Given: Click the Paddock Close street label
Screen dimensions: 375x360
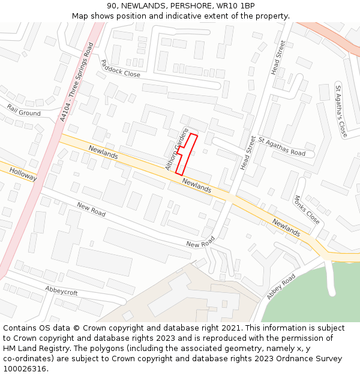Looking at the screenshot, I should coord(120,68).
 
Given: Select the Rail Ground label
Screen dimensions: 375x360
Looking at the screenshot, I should coord(24,110).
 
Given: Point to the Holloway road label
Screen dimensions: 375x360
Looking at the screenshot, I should coord(23,175).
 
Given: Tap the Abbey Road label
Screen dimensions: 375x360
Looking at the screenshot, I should coord(281,287).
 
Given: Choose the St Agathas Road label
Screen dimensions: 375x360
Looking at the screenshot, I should coord(282,146).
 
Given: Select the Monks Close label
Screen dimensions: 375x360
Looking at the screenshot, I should coord(307,209).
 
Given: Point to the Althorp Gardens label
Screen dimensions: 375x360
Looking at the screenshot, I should coord(176,148).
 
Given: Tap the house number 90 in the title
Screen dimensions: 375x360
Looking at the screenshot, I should coord(112,6).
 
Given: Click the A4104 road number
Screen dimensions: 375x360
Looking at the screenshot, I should coord(65,112).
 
